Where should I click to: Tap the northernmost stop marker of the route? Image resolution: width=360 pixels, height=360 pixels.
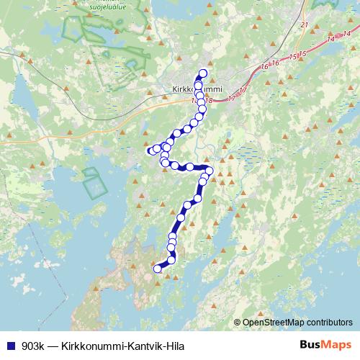202,73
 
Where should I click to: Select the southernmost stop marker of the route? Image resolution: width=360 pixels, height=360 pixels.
158,269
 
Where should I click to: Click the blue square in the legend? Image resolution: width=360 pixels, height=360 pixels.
10,346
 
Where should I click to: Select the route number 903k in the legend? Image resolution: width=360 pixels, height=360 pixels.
34,346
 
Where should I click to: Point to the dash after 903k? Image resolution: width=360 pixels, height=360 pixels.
55,346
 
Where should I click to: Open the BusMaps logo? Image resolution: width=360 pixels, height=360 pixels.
326,346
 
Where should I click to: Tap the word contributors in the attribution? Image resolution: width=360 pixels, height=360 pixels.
331,323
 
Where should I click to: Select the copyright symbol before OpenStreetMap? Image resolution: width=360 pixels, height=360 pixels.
238,323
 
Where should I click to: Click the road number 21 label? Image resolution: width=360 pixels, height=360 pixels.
304,25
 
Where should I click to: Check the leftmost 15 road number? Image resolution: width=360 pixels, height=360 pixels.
292,56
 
